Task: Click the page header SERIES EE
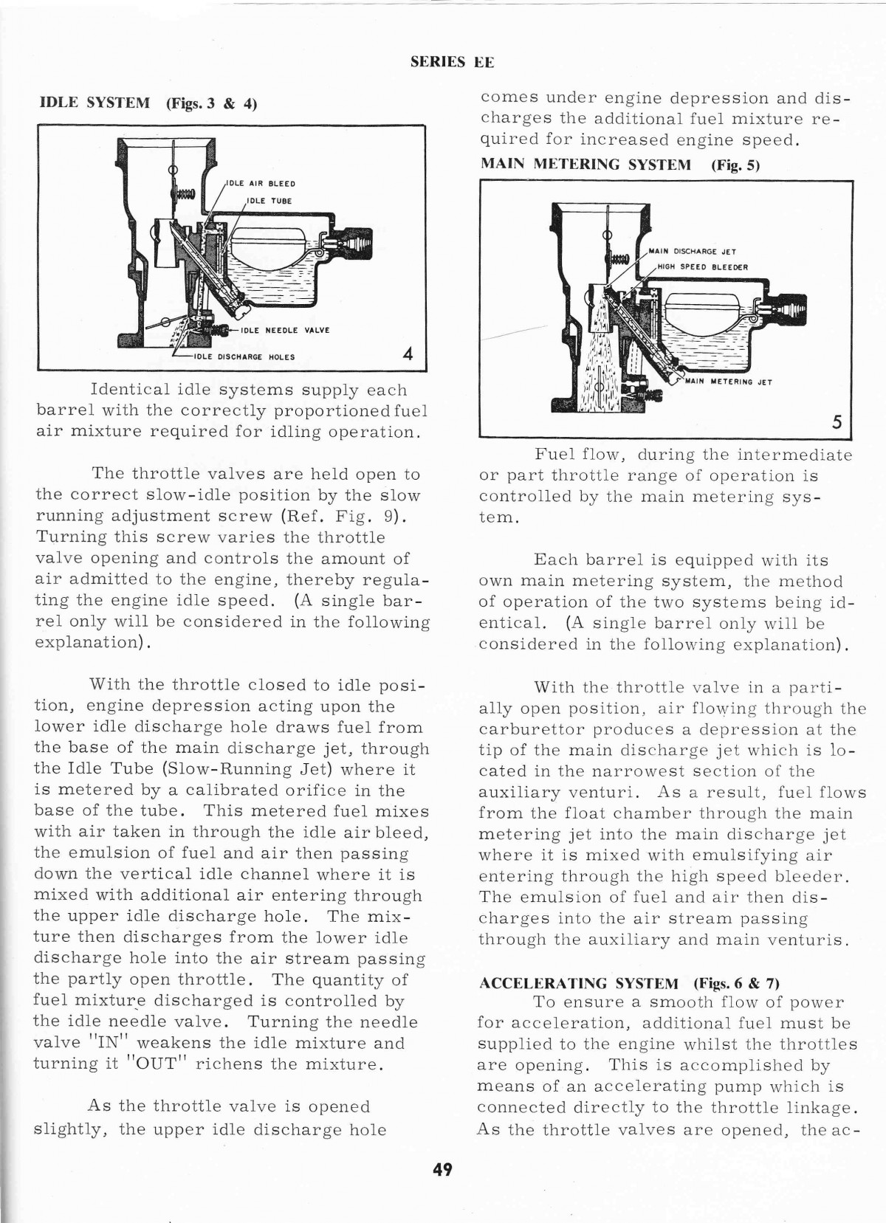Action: pyautogui.click(x=452, y=63)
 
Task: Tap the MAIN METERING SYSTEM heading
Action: pyautogui.click(x=585, y=164)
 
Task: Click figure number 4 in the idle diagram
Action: pyautogui.click(x=408, y=354)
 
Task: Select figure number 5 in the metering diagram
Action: pyautogui.click(x=837, y=421)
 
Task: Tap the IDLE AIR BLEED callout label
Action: pyautogui.click(x=261, y=184)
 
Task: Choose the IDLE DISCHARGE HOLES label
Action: pyautogui.click(x=244, y=357)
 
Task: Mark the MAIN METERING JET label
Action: pyautogui.click(x=729, y=382)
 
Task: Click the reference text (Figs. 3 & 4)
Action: pyautogui.click(x=211, y=103)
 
